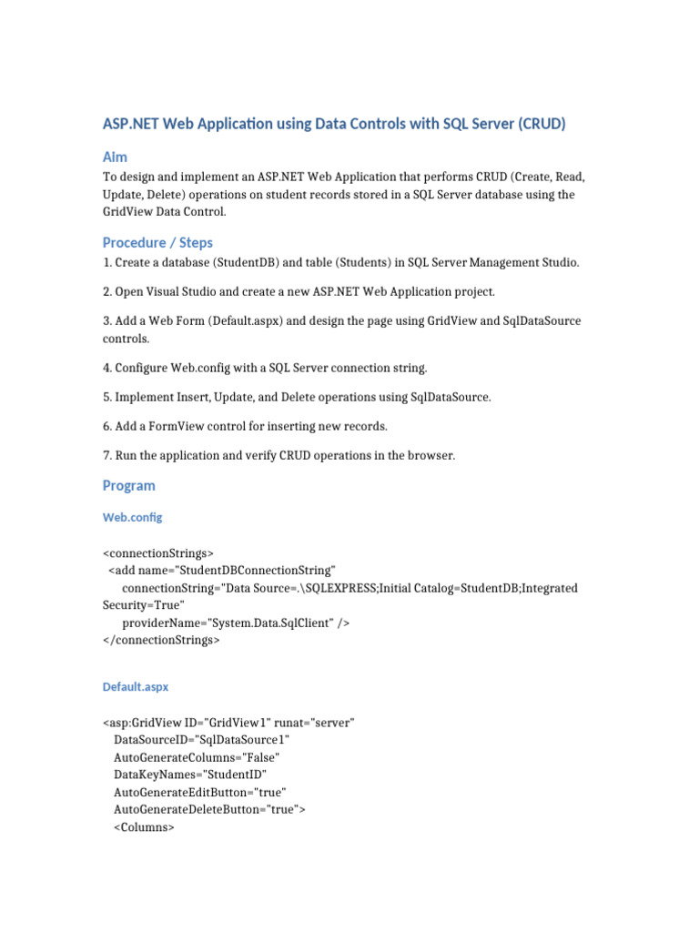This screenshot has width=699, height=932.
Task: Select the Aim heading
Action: pos(115,157)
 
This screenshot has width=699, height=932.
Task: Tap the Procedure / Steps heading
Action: pos(157,242)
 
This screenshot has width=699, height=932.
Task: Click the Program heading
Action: pos(128,485)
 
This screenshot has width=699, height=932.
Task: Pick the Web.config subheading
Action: pos(132,517)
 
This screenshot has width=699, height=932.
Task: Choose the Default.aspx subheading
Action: pos(136,687)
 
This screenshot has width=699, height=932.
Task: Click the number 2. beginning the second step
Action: pos(107,292)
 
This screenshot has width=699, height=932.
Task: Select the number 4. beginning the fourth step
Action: pos(107,368)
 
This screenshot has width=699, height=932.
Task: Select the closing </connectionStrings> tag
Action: pos(161,640)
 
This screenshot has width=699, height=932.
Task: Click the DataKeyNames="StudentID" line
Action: pos(189,775)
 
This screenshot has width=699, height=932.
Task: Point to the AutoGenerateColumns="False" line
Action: pos(197,757)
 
